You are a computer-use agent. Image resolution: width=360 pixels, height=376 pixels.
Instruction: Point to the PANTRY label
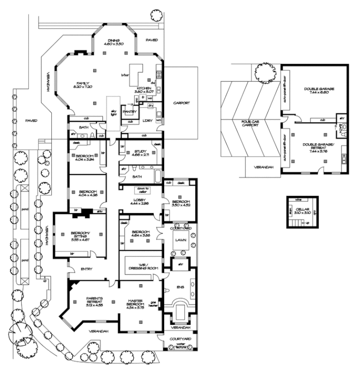129,111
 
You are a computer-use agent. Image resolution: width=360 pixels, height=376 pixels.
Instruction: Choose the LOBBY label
140,200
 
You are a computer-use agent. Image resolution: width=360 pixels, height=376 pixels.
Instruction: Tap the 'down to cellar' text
141,190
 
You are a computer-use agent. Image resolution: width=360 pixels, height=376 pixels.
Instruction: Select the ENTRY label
86,269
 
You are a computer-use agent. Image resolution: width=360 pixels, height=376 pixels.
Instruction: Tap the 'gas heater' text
152,303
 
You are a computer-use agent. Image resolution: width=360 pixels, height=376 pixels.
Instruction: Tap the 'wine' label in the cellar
298,200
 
